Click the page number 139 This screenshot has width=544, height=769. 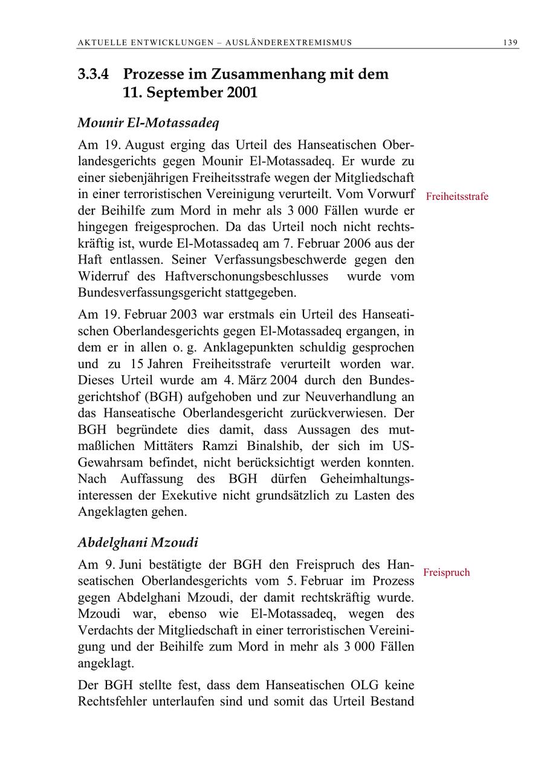point(510,42)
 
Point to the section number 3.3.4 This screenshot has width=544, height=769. point(94,74)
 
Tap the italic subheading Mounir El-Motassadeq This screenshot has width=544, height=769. point(148,123)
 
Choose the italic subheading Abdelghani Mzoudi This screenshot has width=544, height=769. point(138,542)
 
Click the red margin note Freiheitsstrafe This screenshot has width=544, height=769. point(457,196)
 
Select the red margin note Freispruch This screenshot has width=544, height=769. point(446,572)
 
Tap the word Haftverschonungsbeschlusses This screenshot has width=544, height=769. point(246,276)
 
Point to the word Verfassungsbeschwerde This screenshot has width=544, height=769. point(270,260)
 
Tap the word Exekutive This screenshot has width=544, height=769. point(189,495)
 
